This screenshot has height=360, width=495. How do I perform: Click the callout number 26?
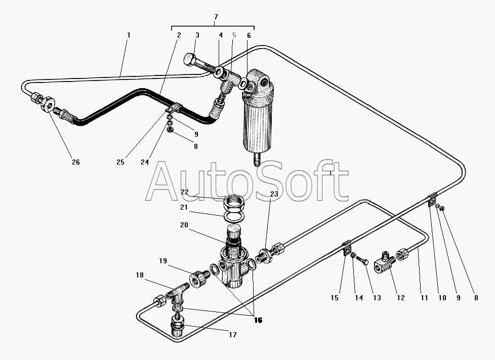tap(76, 162)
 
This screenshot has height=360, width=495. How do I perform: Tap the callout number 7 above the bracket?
tap(216, 16)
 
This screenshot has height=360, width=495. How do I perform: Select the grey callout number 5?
tap(234, 35)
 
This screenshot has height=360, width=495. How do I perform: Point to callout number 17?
tap(233, 335)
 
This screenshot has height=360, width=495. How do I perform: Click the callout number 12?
tap(401, 298)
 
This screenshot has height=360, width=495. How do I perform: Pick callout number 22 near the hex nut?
tap(185, 192)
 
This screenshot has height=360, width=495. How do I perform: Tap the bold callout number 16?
tap(258, 320)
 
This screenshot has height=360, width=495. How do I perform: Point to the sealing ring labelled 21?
tap(234, 216)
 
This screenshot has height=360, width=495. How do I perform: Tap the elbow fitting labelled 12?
tap(385, 262)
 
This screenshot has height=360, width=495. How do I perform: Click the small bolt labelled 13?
tap(363, 260)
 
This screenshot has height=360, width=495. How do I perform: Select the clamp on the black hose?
tap(173, 108)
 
